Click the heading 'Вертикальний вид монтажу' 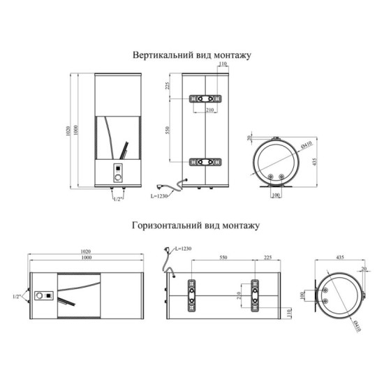tap(192, 55)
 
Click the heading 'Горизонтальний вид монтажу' tap(195, 226)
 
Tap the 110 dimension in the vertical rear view tap(223, 64)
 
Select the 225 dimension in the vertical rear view tap(168, 86)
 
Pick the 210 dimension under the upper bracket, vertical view tap(210, 110)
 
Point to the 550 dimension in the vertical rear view tap(168, 130)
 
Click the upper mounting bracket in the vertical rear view tap(205, 98)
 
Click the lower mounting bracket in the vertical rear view tap(205, 162)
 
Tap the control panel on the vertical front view tap(118, 173)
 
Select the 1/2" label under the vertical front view tap(118, 199)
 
